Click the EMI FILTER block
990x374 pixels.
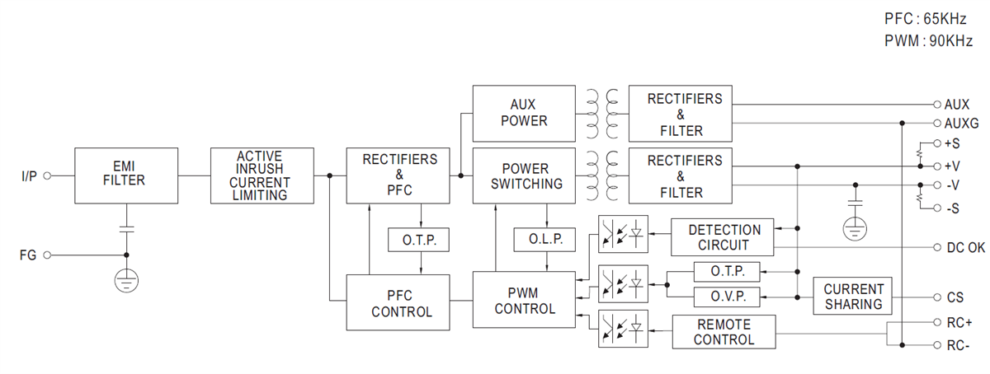coord(126,175)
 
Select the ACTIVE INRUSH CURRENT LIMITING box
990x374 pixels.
coord(262,175)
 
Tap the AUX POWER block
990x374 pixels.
coord(523,113)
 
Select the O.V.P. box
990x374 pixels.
coord(727,297)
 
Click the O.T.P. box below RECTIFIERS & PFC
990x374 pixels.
coord(419,240)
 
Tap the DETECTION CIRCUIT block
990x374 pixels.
coord(723,237)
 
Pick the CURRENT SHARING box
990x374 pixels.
coord(853,297)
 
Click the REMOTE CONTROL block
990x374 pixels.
coord(724,332)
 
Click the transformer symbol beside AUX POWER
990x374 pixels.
coord(601,113)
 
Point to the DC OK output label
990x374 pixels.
coord(964,248)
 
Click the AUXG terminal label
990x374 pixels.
coord(961,124)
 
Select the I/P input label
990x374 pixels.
coord(29,175)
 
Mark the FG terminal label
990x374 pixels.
coord(28,255)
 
